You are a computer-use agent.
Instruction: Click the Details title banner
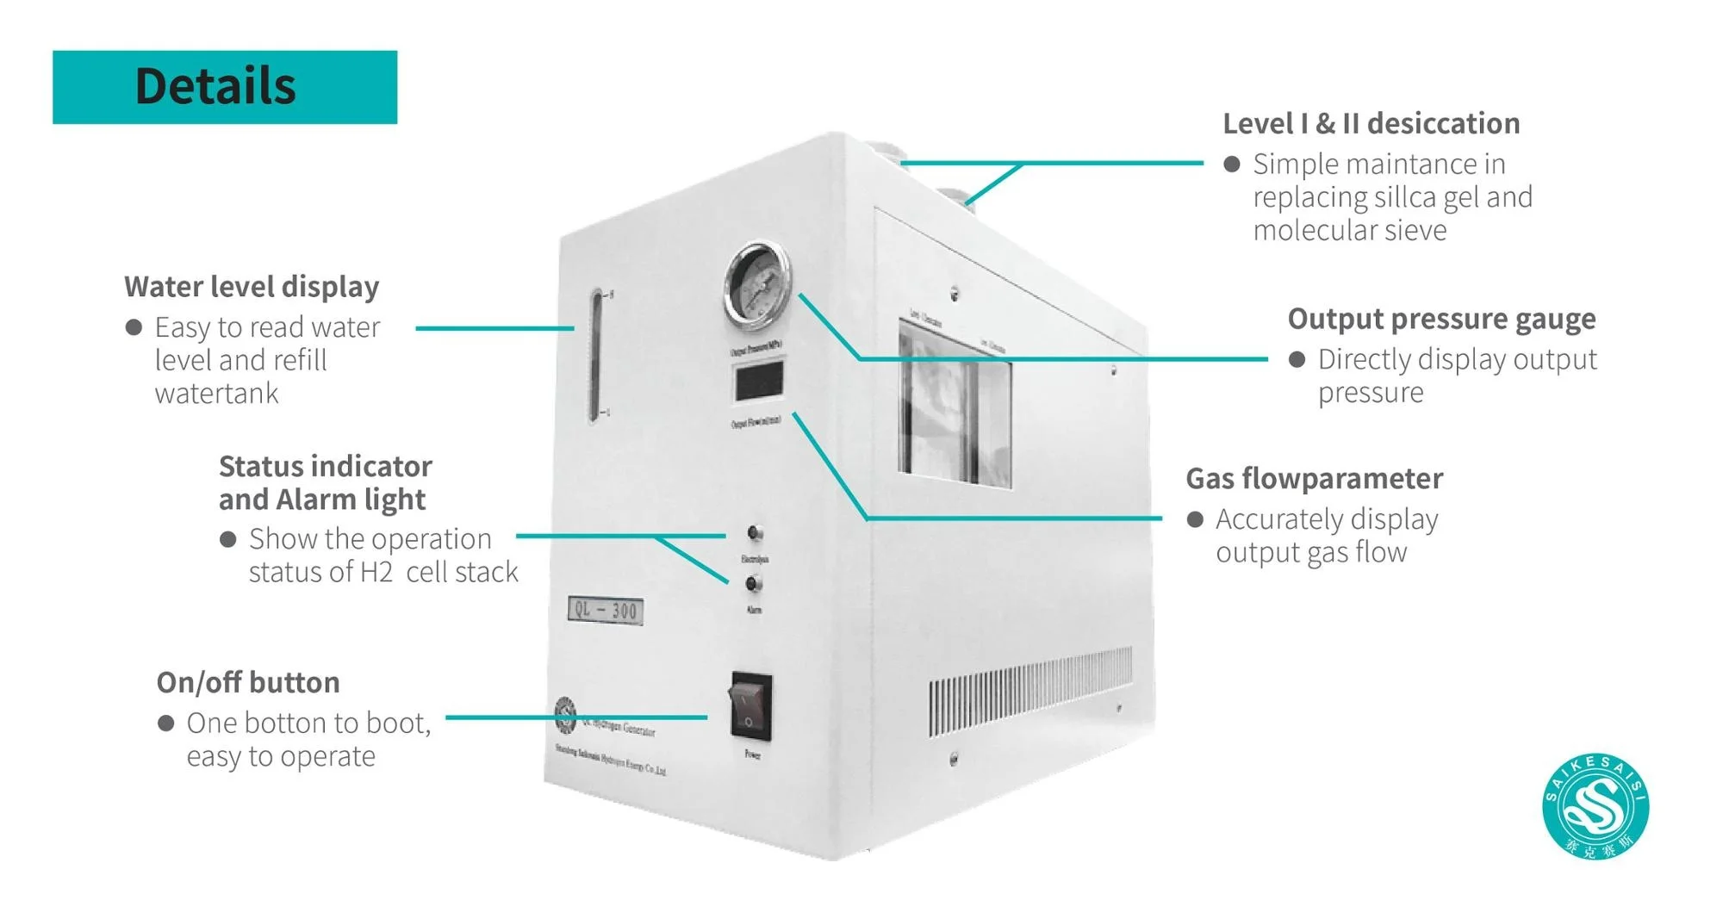point(224,87)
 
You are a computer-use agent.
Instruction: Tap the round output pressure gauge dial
point(757,284)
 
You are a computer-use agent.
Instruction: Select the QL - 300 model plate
point(606,611)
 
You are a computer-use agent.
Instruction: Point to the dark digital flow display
point(759,380)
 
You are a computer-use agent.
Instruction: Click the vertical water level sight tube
point(595,356)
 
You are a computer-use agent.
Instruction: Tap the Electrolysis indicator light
point(755,533)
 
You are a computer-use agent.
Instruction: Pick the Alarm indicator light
point(753,584)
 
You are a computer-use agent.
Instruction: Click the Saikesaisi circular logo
point(1595,807)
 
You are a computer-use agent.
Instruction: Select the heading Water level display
point(252,287)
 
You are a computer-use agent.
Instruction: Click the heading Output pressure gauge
point(1441,319)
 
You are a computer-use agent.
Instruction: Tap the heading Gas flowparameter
point(1314,479)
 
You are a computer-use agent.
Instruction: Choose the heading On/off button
point(248,683)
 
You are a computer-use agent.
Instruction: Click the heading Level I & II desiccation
point(1371,124)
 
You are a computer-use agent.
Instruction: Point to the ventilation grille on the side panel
point(1029,692)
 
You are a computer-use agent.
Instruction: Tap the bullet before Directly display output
point(1297,360)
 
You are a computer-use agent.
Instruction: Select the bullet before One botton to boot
point(166,723)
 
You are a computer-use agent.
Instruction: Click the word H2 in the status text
point(376,573)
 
